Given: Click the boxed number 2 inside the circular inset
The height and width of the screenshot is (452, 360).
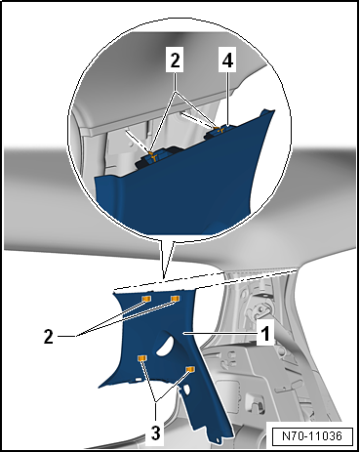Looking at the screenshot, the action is [175, 60].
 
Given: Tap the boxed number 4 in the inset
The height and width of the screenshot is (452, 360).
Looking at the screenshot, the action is [227, 60].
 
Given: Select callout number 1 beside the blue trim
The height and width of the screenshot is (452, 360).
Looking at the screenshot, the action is [265, 333].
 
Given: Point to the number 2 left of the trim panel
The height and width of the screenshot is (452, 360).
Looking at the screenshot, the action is [48, 337].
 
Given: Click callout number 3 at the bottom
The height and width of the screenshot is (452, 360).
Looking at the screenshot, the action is [155, 432].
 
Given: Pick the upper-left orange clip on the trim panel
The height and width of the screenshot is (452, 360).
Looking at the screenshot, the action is [146, 299].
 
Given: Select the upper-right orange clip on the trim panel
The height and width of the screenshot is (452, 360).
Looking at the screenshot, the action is [176, 299].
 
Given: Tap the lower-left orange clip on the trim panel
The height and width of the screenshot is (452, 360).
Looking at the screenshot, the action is [142, 358].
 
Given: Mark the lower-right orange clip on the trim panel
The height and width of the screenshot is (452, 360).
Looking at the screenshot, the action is [190, 369].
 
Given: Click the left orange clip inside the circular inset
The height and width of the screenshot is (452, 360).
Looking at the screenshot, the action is [152, 155].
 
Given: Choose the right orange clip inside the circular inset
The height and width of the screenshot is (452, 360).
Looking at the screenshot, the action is [220, 129].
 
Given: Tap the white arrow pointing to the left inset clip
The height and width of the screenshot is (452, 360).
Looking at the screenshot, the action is [138, 142].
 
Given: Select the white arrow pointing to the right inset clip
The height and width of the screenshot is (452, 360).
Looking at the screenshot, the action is [198, 120].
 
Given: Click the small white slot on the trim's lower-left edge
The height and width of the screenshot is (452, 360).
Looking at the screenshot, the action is [138, 379].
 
